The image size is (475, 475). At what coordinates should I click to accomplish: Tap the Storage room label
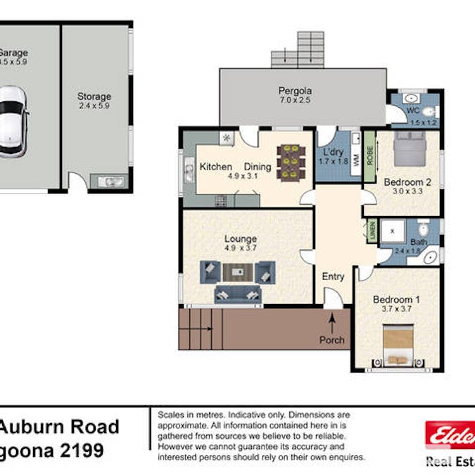click(x=94, y=96)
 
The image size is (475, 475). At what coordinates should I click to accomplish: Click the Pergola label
click(x=295, y=91)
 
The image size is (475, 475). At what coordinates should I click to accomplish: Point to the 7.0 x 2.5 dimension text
click(x=295, y=101)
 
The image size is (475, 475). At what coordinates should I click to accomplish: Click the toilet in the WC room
click(x=429, y=111)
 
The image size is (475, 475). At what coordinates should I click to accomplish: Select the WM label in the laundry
click(x=356, y=160)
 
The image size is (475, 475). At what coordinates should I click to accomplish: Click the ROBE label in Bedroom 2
click(x=369, y=153)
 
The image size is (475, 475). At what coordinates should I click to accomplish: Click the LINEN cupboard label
click(x=372, y=230)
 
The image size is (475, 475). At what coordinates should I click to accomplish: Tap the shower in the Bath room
click(x=392, y=230)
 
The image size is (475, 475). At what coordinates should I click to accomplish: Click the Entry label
click(x=333, y=277)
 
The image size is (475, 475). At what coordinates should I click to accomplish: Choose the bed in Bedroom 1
click(x=398, y=344)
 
